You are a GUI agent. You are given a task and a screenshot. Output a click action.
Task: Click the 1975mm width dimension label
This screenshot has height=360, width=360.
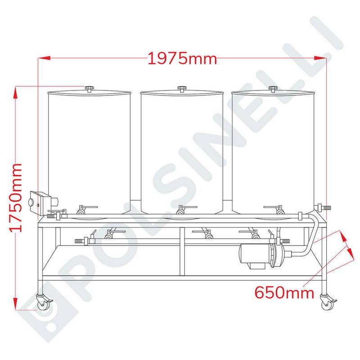[182, 58]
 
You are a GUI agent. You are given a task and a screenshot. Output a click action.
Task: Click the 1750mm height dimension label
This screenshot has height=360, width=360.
[16, 198]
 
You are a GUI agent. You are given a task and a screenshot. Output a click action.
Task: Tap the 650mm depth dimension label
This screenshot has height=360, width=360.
[284, 292]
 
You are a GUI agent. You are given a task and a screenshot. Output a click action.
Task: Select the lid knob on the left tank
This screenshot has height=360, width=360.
[89, 89]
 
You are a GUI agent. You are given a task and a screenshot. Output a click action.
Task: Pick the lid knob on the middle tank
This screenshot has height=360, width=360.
[182, 89]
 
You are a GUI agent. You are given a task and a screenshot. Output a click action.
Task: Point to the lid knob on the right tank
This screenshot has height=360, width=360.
[273, 89]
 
